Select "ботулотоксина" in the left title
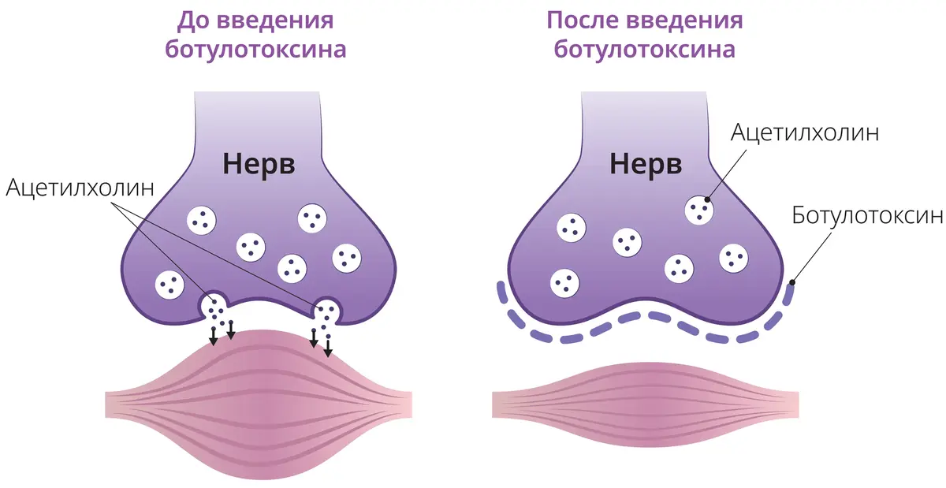[x=255, y=50]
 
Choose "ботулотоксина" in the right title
[x=645, y=50]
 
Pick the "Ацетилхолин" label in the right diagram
[x=804, y=132]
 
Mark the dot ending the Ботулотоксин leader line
[x=791, y=282]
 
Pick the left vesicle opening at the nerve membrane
[x=214, y=307]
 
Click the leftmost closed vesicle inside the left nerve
[x=169, y=284]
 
